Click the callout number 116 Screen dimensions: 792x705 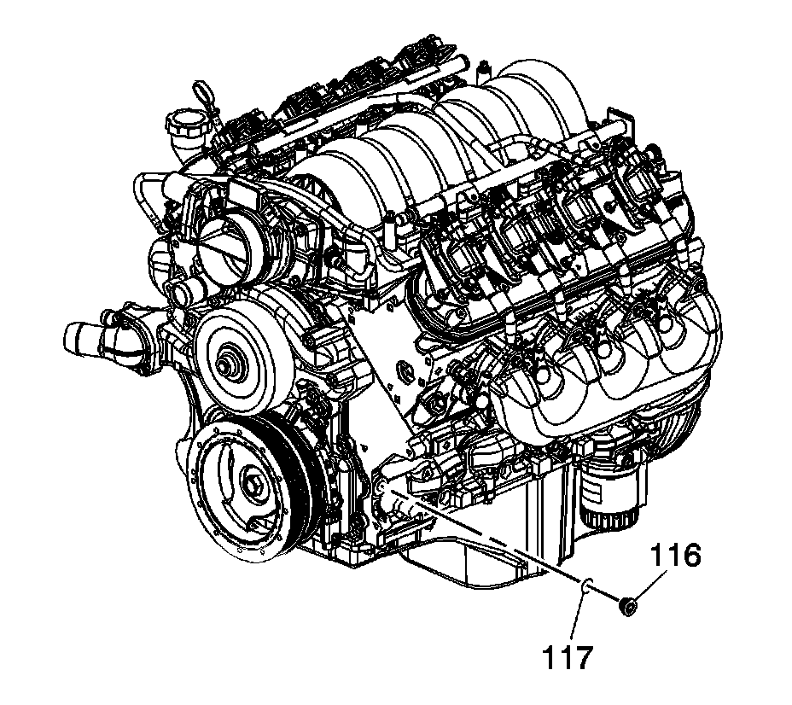675,556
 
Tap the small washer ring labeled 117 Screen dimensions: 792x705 586,586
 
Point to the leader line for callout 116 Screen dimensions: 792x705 650,585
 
